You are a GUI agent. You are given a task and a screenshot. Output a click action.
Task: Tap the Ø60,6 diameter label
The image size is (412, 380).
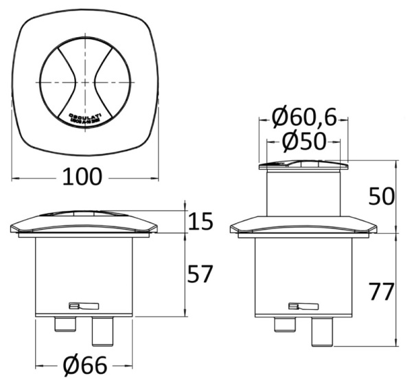click(x=304, y=119)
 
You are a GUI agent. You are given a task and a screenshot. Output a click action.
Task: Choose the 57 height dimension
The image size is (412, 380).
click(x=200, y=275)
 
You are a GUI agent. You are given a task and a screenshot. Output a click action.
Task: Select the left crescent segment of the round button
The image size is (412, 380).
click(x=56, y=80)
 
